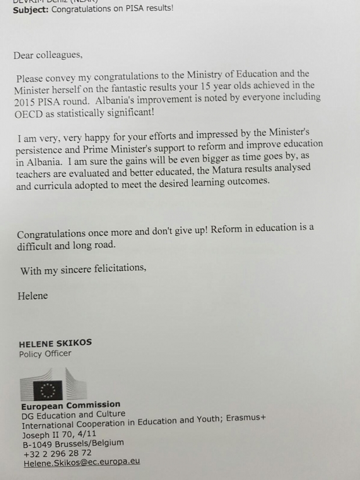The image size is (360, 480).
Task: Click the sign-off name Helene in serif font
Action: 33,295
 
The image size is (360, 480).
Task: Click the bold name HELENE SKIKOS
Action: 55,343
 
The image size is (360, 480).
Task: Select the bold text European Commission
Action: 71,405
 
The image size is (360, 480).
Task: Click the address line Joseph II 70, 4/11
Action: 59,434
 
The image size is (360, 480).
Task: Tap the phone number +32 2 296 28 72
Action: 56,453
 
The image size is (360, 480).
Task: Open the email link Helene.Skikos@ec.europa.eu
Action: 81,463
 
